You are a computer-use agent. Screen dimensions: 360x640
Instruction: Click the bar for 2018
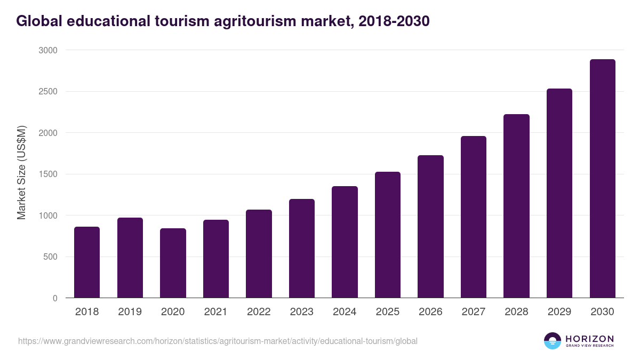(x=87, y=262)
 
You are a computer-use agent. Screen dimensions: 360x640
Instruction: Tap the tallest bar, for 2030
(x=602, y=179)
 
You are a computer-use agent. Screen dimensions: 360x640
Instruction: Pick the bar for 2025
(x=388, y=235)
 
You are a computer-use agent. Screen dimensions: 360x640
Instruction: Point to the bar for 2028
(x=516, y=206)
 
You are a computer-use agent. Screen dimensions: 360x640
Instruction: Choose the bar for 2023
(x=302, y=249)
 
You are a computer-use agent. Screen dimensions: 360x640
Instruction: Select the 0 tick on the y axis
(x=55, y=298)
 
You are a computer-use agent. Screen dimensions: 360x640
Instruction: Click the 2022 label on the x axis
(x=259, y=312)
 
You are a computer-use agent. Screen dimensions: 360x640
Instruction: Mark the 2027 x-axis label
(x=474, y=312)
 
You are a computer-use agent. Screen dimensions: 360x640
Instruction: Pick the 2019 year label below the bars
(x=130, y=312)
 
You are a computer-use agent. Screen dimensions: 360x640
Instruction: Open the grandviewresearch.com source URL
(x=218, y=341)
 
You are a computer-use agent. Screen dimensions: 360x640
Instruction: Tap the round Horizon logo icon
(x=552, y=341)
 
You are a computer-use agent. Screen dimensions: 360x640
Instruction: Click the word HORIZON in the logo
(x=589, y=338)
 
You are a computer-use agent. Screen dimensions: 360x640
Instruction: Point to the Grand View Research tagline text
(x=589, y=346)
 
